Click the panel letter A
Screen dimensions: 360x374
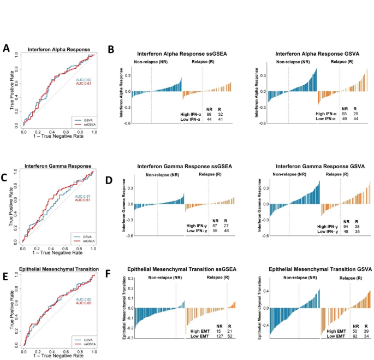pyautogui.click(x=6, y=48)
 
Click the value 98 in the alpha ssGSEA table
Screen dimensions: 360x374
pyautogui.click(x=209, y=114)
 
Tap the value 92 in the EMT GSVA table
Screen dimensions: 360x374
pyautogui.click(x=355, y=336)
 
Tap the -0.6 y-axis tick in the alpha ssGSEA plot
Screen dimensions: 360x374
pyautogui.click(x=127, y=123)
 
